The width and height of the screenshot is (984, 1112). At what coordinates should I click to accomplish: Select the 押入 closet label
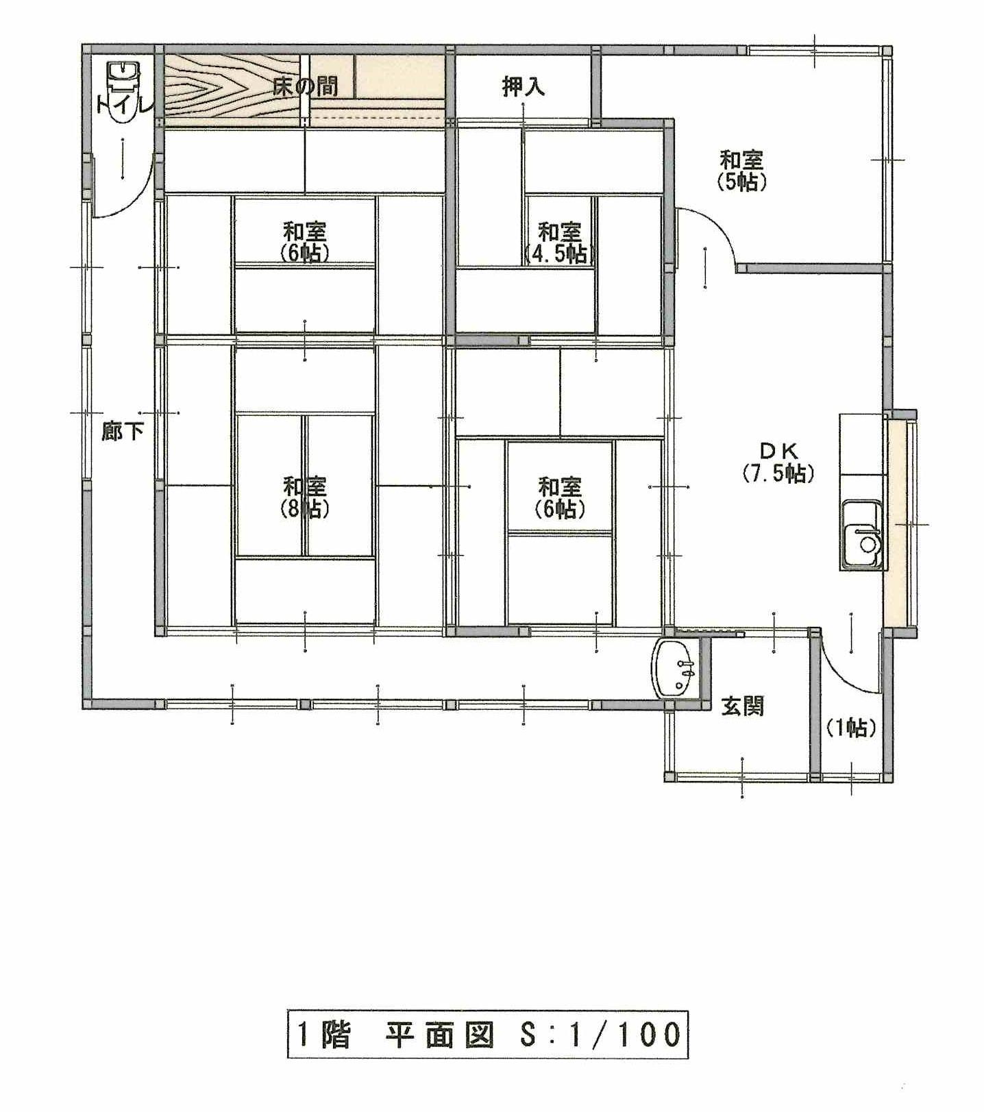click(524, 86)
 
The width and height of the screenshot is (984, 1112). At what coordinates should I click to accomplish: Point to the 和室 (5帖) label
click(741, 171)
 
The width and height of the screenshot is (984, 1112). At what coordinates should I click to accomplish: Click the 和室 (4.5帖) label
click(560, 243)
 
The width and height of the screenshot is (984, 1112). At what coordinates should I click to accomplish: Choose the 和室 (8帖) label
click(305, 497)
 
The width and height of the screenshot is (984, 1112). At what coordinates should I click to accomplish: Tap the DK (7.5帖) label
click(778, 462)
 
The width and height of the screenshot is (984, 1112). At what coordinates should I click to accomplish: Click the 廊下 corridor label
click(123, 431)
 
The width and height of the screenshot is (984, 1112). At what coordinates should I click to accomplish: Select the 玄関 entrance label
click(742, 706)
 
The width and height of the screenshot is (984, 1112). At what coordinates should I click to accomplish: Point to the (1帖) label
click(850, 728)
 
